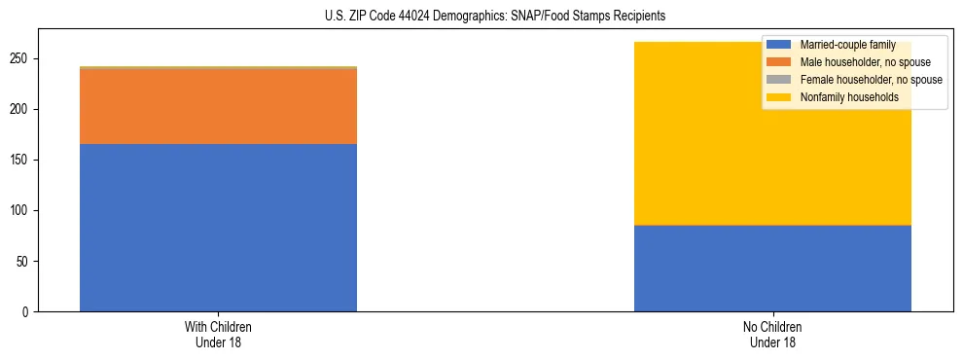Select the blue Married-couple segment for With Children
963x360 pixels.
tap(218, 228)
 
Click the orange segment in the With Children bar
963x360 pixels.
tap(218, 106)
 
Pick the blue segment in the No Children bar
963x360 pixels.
tap(772, 269)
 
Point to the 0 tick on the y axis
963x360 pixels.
tap(28, 311)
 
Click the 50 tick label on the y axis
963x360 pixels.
tap(25, 261)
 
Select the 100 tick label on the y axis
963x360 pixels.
tap(22, 210)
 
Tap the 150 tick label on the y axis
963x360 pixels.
tap(22, 160)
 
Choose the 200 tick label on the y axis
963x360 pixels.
tap(22, 109)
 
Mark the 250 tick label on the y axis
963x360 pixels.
tap(22, 58)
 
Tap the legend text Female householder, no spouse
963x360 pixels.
tap(871, 80)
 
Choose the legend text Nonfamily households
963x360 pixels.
tap(848, 97)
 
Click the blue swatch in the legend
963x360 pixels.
tap(779, 45)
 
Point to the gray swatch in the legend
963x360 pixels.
tap(779, 80)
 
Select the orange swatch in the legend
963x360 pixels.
tap(779, 62)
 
